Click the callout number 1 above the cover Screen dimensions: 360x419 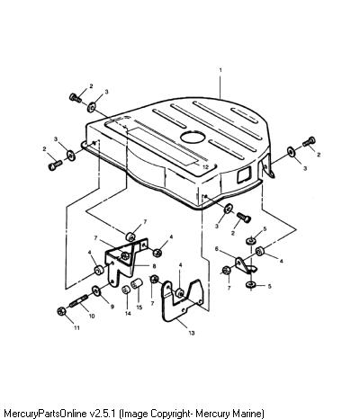pyautogui.click(x=220, y=70)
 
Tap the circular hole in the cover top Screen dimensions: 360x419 pyautogui.click(x=193, y=137)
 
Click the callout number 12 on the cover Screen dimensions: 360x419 pyautogui.click(x=205, y=167)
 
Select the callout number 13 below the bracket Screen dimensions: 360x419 pyautogui.click(x=192, y=333)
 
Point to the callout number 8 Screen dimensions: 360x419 pyautogui.click(x=154, y=266)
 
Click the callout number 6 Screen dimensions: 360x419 pyautogui.click(x=217, y=248)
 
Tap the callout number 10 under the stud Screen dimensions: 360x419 pyautogui.click(x=92, y=316)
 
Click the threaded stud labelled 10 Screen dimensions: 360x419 pyautogui.click(x=79, y=301)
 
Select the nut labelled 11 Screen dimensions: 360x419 pyautogui.click(x=61, y=311)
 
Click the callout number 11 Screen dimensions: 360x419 pyautogui.click(x=76, y=327)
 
